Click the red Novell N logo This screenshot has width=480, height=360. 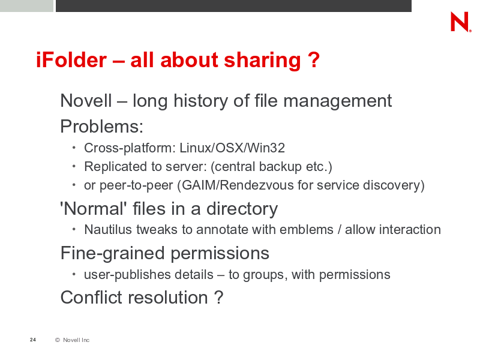(461, 22)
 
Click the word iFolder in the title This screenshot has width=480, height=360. (71, 59)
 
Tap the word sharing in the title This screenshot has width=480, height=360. (262, 61)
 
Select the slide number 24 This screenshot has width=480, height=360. (33, 340)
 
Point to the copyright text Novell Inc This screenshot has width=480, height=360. (76, 340)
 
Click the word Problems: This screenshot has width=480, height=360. (102, 126)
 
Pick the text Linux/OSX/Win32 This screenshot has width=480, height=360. (232, 148)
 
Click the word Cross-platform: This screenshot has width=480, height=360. (130, 148)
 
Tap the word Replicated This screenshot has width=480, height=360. (116, 167)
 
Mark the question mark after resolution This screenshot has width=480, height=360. (218, 297)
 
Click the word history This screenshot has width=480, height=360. (200, 101)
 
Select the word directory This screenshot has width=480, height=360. (242, 209)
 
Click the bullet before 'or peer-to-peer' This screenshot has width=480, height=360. (74, 185)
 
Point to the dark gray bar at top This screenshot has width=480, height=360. (233, 6)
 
